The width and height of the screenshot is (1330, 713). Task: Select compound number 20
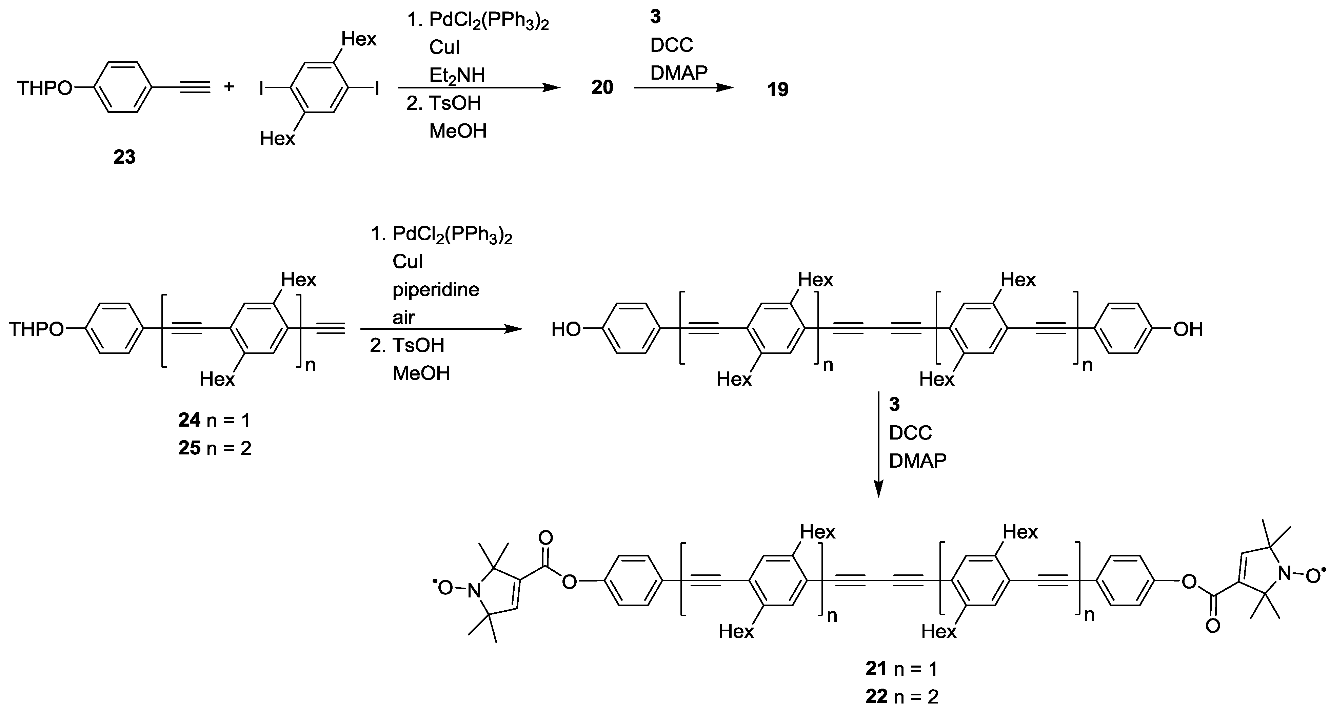tap(602, 88)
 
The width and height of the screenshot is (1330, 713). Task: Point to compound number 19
tap(777, 90)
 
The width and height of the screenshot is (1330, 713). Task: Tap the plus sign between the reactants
tap(229, 87)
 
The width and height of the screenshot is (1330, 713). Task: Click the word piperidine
tap(436, 289)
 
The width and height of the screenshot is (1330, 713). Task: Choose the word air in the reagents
tap(403, 317)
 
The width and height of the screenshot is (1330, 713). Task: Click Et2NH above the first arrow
tap(457, 75)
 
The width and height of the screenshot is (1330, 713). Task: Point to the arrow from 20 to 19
tap(683, 88)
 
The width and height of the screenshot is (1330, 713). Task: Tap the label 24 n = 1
tap(214, 421)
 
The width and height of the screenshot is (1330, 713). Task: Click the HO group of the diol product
tap(566, 329)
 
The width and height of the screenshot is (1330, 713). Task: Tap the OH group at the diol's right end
tap(1188, 329)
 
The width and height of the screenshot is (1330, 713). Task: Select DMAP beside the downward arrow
tap(917, 460)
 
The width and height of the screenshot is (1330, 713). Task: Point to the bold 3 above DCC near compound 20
tap(655, 17)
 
